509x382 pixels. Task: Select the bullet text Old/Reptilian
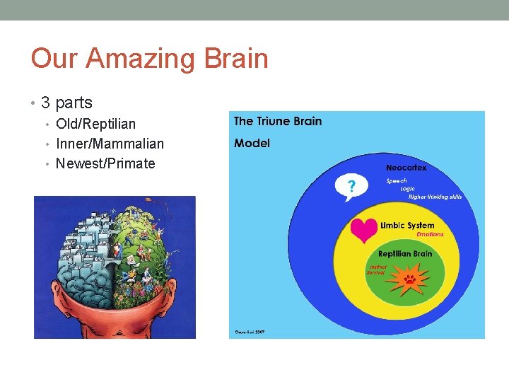[x=95, y=124]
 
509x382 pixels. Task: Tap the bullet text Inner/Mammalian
[x=110, y=144]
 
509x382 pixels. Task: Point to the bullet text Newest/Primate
[x=105, y=163]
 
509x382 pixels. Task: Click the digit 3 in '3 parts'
[x=46, y=103]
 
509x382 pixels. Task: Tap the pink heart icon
[x=365, y=230]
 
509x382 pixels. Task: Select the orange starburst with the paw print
[x=409, y=278]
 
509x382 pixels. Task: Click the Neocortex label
[x=406, y=168]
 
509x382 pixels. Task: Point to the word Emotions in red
[x=430, y=234]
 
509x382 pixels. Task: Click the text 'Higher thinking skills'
[x=435, y=197]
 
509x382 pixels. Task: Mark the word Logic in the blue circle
[x=408, y=189]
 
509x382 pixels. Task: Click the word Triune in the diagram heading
[x=273, y=121]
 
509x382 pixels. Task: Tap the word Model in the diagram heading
[x=252, y=143]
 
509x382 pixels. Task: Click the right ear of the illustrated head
[x=187, y=312]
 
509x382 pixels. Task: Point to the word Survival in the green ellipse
[x=375, y=272]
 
